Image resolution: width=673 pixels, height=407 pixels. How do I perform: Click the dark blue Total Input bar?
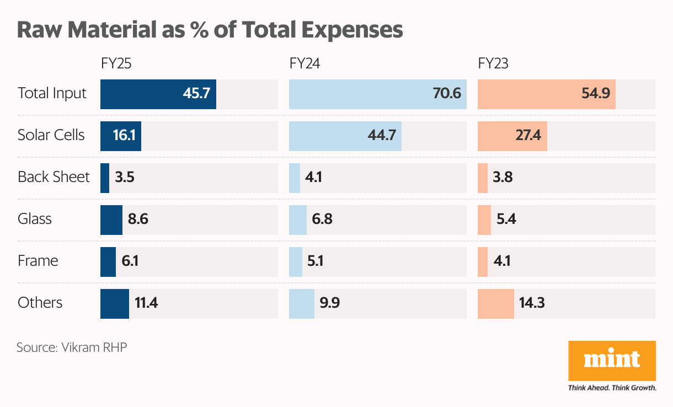158,93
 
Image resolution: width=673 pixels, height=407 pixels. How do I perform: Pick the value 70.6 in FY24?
447,93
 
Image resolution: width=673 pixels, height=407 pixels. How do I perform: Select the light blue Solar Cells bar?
345,135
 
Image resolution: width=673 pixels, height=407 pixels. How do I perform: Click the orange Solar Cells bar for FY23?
512,135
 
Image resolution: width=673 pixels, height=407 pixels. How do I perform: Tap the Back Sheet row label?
54,177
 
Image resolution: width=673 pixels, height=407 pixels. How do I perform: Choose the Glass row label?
35,219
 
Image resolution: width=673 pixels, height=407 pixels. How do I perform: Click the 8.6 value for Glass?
138,219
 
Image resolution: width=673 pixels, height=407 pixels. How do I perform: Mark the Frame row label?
38,261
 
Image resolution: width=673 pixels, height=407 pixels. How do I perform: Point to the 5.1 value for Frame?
315,261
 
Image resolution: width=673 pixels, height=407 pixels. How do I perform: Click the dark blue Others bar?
115,303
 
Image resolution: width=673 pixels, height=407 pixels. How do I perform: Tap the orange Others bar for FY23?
495,303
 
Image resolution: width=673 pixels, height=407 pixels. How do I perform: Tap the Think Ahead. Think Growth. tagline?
612,388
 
